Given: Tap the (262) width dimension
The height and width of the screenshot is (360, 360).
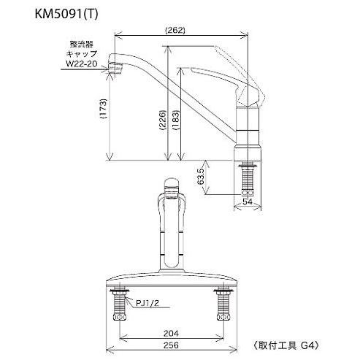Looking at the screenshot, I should pyautogui.click(x=175, y=31).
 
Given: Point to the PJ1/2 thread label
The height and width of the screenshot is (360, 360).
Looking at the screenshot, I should pyautogui.click(x=140, y=299).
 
